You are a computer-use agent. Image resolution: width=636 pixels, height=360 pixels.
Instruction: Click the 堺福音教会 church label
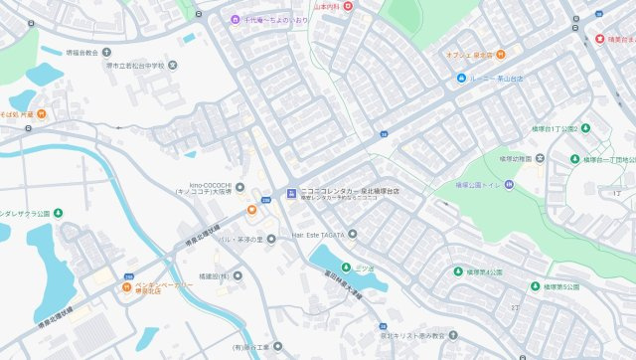(80, 52)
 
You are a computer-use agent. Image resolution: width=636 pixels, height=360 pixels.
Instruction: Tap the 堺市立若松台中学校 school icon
(173, 66)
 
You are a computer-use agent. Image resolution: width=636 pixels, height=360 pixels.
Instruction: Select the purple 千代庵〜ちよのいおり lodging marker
(235, 20)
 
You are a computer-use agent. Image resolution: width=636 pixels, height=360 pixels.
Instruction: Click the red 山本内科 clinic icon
(349, 6)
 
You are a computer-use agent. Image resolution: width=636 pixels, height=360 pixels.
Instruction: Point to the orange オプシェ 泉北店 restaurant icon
(500, 55)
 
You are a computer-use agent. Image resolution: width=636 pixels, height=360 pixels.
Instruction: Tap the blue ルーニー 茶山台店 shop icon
(462, 78)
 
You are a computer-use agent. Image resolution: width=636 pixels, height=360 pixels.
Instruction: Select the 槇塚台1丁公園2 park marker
(585, 128)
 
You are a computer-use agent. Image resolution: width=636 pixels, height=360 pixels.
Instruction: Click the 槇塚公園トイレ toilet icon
(509, 184)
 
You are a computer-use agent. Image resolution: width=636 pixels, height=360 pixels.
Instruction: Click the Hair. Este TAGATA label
(318, 234)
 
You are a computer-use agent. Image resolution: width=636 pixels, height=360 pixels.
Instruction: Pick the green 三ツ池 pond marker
(346, 267)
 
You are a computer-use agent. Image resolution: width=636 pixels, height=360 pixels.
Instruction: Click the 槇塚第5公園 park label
(561, 286)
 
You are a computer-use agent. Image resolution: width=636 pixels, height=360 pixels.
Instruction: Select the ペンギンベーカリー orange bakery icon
(125, 288)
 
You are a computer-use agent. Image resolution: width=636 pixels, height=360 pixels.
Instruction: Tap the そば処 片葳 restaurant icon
(42, 114)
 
